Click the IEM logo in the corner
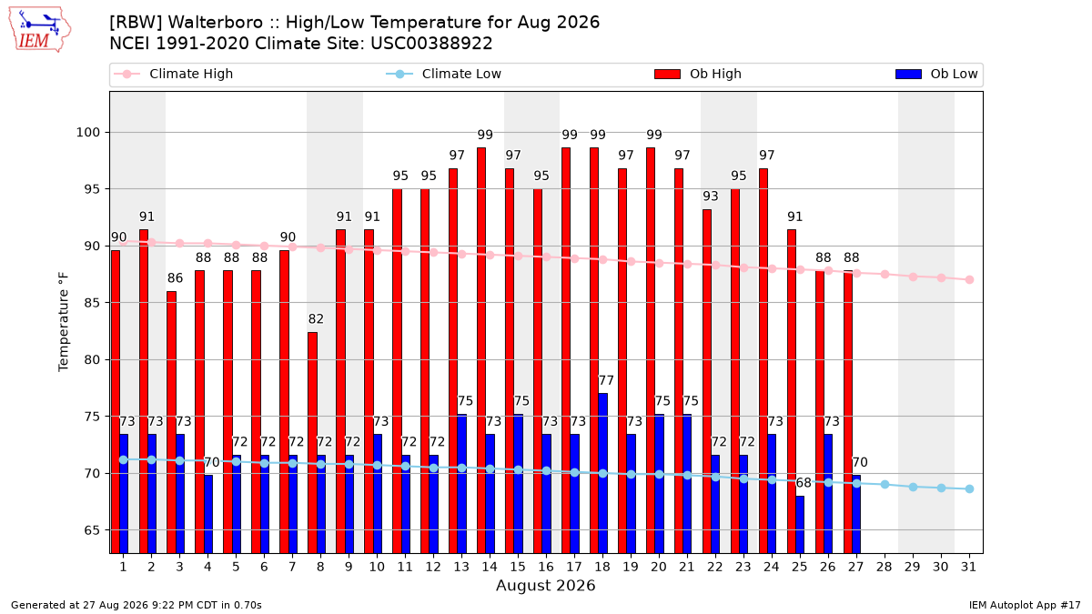[x=39, y=30]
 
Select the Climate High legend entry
[x=173, y=74]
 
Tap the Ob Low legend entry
[x=936, y=74]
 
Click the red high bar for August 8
[x=312, y=442]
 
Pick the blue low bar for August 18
[x=603, y=473]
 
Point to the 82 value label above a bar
[x=316, y=319]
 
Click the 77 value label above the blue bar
[x=606, y=380]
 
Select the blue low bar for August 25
[x=800, y=524]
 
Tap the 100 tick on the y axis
[x=87, y=133]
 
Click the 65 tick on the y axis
[x=92, y=530]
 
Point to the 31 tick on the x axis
[x=968, y=567]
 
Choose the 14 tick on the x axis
[x=490, y=567]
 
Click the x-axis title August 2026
[x=545, y=585]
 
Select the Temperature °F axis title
[x=64, y=322]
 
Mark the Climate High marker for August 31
[x=970, y=280]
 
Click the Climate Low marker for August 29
[x=913, y=488]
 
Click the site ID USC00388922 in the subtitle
[x=431, y=44]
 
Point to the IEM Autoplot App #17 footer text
[x=1025, y=605]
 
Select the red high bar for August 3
[x=172, y=422]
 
